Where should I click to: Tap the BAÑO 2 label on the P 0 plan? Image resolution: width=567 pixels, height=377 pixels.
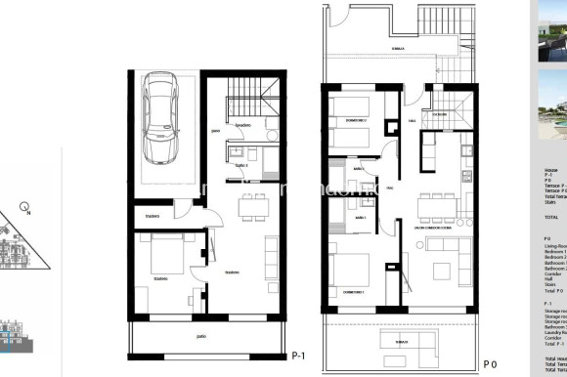coord(359,169)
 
